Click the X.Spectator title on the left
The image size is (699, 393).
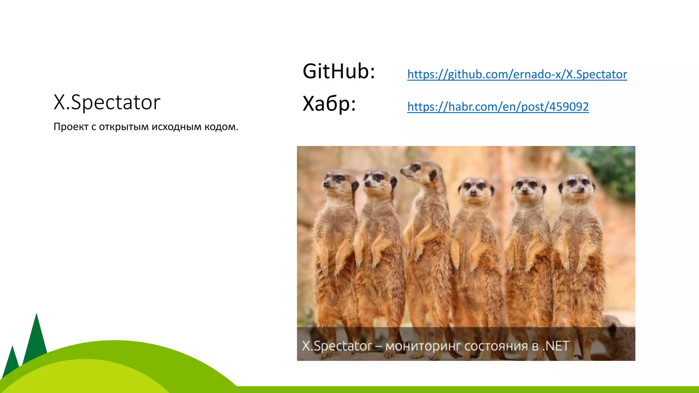click(107, 102)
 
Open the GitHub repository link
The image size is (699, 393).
click(517, 74)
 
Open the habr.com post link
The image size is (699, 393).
click(498, 107)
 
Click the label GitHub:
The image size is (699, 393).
click(339, 71)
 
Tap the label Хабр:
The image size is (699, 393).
click(329, 104)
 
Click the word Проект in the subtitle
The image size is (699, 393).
click(71, 127)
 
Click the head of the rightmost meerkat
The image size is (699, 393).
click(577, 184)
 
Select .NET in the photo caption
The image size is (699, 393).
click(556, 346)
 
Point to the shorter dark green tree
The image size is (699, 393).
click(12, 362)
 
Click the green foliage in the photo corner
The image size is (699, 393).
click(614, 167)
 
